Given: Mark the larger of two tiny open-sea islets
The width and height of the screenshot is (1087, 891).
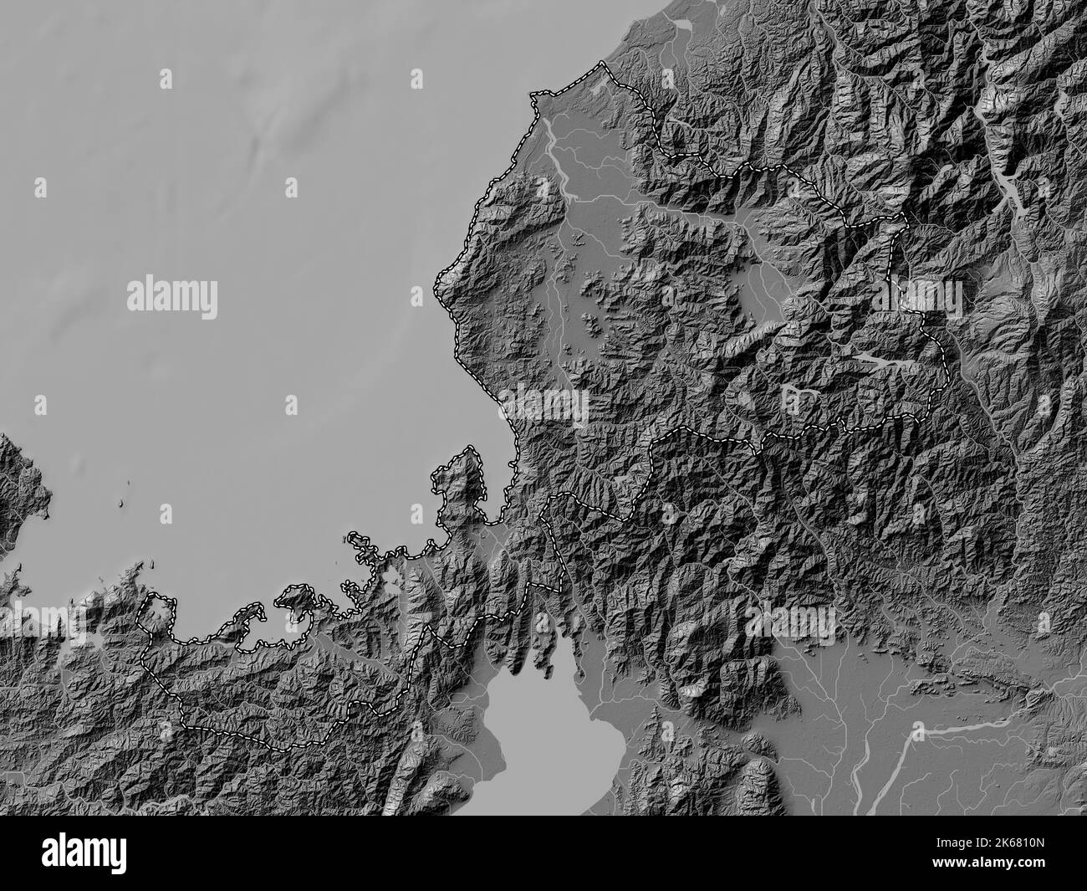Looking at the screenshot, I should (122, 504).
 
